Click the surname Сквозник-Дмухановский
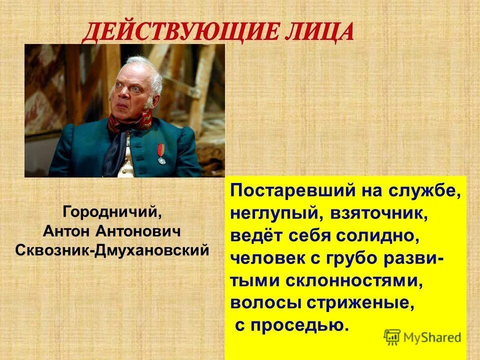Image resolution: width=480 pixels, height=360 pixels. pyautogui.click(x=112, y=249)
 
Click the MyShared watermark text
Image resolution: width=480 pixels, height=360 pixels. pyautogui.click(x=432, y=337)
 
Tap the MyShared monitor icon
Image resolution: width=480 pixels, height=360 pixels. pyautogui.click(x=392, y=337)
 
